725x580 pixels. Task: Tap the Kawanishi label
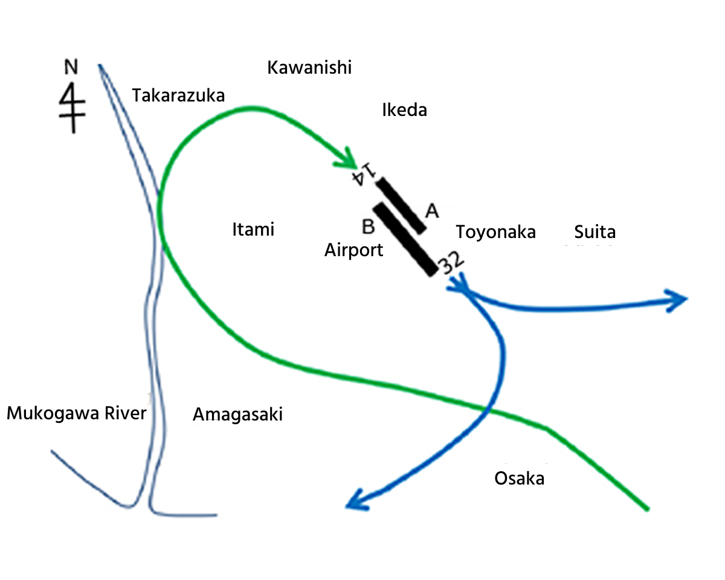[309, 67]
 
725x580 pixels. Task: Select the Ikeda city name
[404, 110]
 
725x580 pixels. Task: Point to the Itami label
[253, 230]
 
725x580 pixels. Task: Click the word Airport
[353, 250]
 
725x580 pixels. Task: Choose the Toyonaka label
[495, 232]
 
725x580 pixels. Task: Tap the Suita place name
[594, 232]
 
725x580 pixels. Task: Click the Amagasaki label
[237, 414]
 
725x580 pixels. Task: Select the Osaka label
[519, 478]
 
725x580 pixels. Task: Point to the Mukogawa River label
[76, 414]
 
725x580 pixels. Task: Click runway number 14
[365, 175]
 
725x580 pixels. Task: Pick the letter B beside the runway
[369, 227]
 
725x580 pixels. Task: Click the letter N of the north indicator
[71, 67]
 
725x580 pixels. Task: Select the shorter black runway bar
[401, 204]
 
